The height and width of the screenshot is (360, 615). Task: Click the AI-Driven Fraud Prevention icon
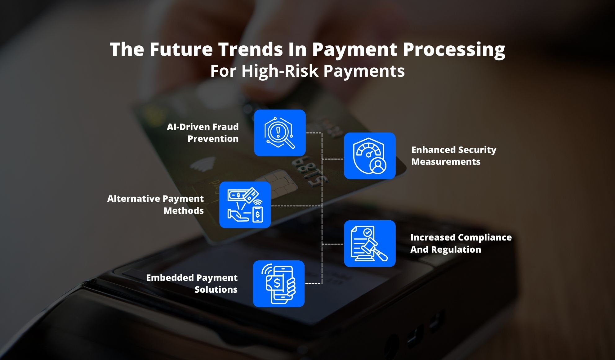(280, 133)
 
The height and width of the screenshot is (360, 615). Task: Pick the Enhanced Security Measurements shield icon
(370, 156)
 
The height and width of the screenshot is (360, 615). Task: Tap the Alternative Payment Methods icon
(245, 205)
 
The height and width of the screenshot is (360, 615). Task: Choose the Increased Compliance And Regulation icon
(370, 244)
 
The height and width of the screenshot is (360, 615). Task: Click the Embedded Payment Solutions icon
(279, 284)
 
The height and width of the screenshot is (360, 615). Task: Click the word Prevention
(213, 139)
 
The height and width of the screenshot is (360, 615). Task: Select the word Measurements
(446, 162)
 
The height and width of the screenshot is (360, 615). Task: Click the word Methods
(184, 211)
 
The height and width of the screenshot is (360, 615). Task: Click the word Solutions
(216, 290)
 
